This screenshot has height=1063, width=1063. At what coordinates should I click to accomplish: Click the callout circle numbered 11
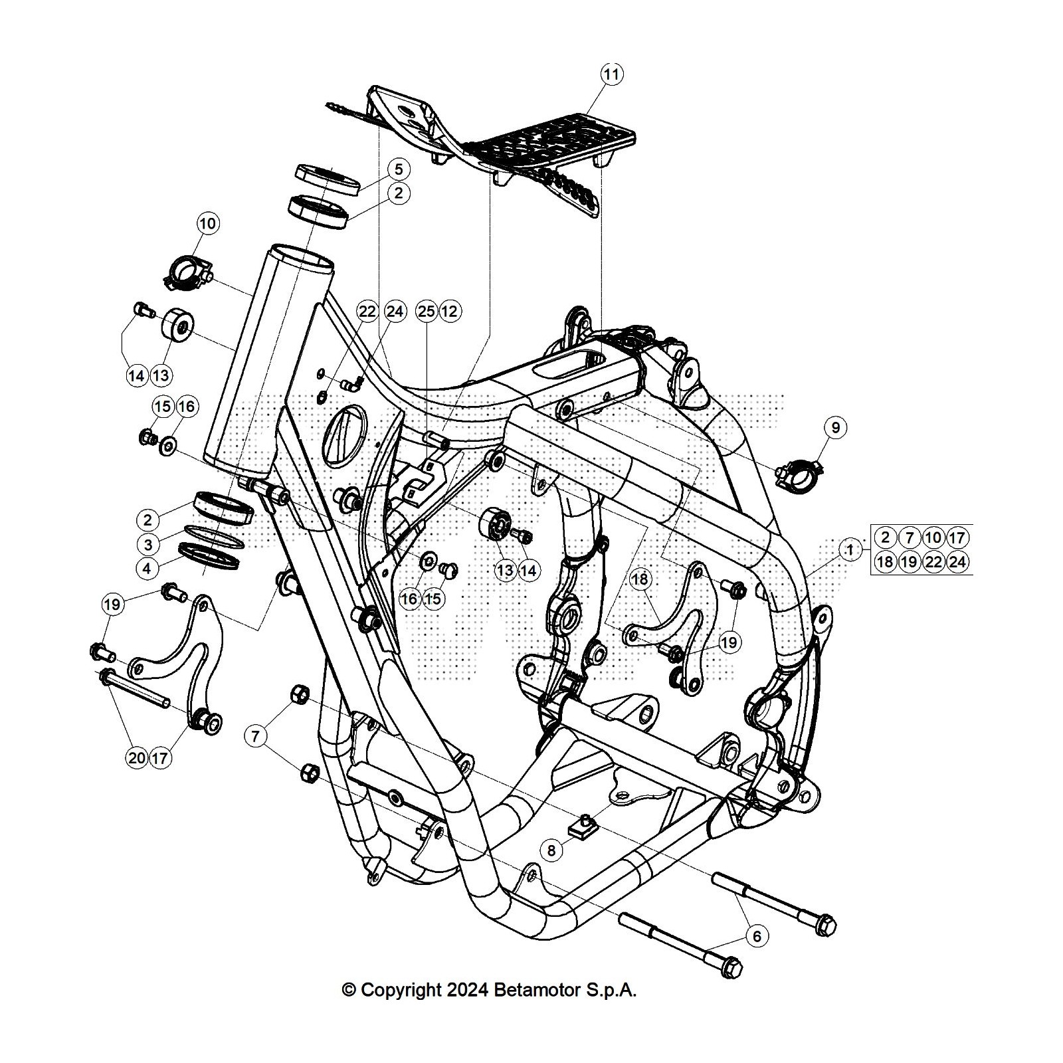(x=611, y=74)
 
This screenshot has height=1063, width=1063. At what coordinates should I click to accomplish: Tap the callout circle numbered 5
(x=399, y=169)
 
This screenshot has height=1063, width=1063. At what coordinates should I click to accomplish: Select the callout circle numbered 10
(x=208, y=224)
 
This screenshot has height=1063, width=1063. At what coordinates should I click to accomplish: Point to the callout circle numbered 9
(x=836, y=427)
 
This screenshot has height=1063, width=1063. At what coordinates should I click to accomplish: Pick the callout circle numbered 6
(x=757, y=936)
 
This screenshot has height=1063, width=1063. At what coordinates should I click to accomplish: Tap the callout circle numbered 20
(x=137, y=757)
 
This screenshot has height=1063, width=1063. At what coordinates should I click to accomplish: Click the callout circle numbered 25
(x=426, y=311)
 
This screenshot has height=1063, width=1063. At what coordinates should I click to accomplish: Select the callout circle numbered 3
(x=148, y=545)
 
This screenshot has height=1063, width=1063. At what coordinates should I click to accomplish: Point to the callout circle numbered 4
(x=148, y=569)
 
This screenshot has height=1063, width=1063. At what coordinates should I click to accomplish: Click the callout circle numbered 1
(x=849, y=549)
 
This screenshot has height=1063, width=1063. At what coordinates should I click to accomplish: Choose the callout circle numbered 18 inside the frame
(x=640, y=579)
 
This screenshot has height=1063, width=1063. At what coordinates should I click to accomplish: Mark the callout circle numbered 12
(x=450, y=311)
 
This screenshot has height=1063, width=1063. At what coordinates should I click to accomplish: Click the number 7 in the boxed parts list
(x=909, y=537)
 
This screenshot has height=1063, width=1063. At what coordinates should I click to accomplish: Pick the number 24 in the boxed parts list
(x=957, y=561)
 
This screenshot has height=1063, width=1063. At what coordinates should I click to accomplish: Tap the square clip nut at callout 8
(x=583, y=826)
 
